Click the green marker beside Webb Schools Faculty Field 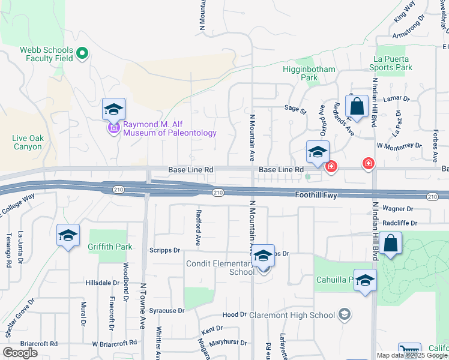point(82,55)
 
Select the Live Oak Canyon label point(28,142)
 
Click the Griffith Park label point(109,247)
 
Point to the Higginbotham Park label point(309,73)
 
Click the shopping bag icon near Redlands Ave point(357,107)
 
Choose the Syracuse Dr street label point(167,311)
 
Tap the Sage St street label point(295,110)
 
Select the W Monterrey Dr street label point(399,146)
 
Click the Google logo point(20,353)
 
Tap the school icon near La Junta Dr point(68,235)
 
